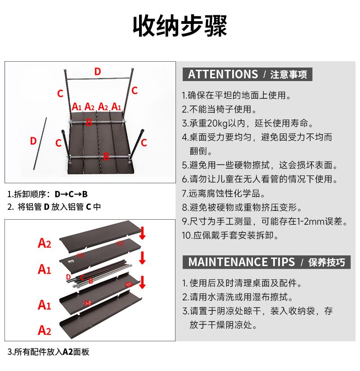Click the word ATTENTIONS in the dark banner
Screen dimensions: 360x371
pos(223,74)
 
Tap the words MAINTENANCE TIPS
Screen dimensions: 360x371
pos(242,262)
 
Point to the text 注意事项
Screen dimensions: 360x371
pos(288,75)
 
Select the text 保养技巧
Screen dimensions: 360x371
pos(327,262)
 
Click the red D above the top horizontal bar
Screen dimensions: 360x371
pos(98,71)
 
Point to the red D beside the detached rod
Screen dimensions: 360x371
pos(33,140)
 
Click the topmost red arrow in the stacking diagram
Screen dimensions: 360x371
pos(143,233)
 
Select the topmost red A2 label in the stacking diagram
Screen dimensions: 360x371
pos(45,244)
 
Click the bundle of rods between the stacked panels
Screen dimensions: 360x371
pos(99,276)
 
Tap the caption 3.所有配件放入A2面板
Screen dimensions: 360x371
pos(49,352)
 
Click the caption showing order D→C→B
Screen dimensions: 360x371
pos(48,195)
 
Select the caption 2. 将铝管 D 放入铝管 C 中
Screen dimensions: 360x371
pos(54,207)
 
